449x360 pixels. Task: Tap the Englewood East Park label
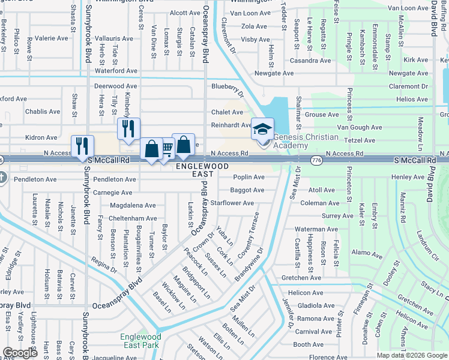(x=140, y=341)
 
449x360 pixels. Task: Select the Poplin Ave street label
(x=249, y=177)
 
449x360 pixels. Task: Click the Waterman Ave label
(x=316, y=229)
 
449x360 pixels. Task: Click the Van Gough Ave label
(x=359, y=127)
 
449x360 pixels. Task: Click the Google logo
(x=20, y=353)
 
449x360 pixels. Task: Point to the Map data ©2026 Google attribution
(x=412, y=355)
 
